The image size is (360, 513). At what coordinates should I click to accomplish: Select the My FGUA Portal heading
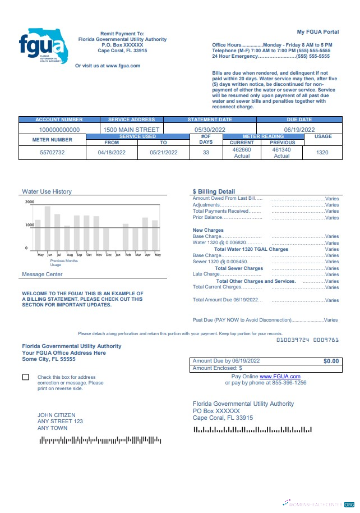317,31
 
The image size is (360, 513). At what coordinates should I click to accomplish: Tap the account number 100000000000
59,130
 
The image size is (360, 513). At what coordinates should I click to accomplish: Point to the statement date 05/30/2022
210,130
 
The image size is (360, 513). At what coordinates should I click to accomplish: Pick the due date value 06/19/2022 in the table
299,130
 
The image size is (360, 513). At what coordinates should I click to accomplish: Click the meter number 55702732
52,153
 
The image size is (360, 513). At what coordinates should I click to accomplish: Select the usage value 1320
322,153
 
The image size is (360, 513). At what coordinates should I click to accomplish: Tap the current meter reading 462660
242,150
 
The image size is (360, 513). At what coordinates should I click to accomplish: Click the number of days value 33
206,153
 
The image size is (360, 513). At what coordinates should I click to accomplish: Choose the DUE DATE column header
299,120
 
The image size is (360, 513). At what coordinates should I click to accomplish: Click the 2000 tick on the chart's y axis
30,201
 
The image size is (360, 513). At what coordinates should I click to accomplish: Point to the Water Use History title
47,191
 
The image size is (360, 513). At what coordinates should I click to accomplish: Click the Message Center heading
42,274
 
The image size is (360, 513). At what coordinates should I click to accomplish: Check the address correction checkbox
26,377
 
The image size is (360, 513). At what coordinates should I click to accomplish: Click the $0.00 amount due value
331,361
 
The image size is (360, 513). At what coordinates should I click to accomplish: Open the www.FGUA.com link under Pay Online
280,376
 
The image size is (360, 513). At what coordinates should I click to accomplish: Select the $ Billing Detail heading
214,191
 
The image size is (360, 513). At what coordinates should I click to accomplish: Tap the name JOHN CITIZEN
56,415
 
